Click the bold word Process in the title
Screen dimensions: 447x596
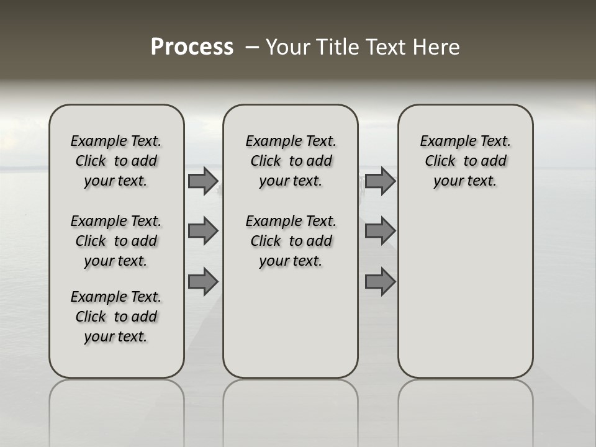pyautogui.click(x=192, y=47)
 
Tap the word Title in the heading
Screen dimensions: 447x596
pyautogui.click(x=337, y=47)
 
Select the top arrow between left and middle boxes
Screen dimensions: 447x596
pyautogui.click(x=203, y=181)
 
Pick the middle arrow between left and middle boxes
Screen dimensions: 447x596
pyautogui.click(x=203, y=231)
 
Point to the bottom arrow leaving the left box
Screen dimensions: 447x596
pyautogui.click(x=203, y=282)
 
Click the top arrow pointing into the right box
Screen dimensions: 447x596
pyautogui.click(x=380, y=181)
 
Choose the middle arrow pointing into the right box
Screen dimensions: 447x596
pyautogui.click(x=380, y=231)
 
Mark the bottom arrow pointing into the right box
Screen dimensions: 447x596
pyautogui.click(x=380, y=282)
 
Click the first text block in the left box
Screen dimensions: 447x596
pyautogui.click(x=116, y=161)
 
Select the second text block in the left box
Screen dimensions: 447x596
pyautogui.click(x=116, y=241)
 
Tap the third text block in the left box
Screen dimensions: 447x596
pyautogui.click(x=116, y=317)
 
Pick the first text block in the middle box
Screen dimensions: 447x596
pyautogui.click(x=291, y=161)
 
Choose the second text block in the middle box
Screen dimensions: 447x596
pyautogui.click(x=291, y=241)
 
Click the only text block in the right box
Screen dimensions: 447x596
pyautogui.click(x=465, y=161)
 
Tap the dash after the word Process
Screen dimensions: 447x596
pyautogui.click(x=251, y=47)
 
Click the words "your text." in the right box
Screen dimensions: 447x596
pyautogui.click(x=465, y=181)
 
